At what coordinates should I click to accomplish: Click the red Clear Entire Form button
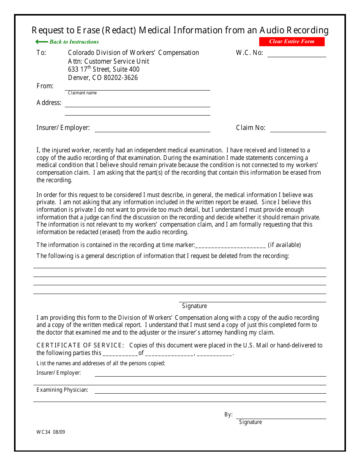tap(291, 42)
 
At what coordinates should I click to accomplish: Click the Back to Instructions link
tap(74, 42)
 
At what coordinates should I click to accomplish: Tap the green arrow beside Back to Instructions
tap(41, 42)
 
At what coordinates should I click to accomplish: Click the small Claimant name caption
tap(82, 93)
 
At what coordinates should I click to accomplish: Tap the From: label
tap(45, 86)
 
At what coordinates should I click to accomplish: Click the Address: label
tap(49, 103)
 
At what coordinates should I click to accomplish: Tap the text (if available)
tap(284, 245)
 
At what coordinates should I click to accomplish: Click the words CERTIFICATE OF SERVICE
tap(80, 345)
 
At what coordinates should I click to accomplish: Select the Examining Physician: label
tap(62, 390)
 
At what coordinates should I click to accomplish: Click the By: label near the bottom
tap(228, 414)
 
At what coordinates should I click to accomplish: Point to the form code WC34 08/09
tap(51, 432)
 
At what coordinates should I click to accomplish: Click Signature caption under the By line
tap(250, 422)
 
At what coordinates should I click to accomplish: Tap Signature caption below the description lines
tap(194, 306)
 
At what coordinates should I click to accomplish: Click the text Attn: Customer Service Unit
tap(108, 61)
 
